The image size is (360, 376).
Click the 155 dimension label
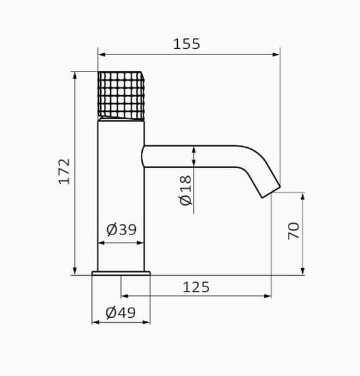(187, 44)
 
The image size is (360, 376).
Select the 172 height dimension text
(64, 172)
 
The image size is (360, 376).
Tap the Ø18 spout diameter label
(185, 191)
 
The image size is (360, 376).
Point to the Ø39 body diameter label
(121, 229)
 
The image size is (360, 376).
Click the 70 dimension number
(294, 231)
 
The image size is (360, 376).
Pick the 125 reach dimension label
(196, 287)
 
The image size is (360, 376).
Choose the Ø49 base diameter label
(121, 313)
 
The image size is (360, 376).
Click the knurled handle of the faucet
(121, 95)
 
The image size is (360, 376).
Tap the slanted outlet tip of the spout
(271, 192)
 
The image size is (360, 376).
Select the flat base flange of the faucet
(121, 273)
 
